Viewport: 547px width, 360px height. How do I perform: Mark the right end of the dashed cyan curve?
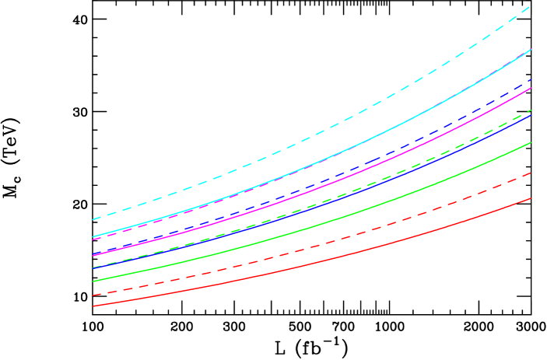[x=531, y=6]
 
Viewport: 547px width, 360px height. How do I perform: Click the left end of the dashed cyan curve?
[x=93, y=220]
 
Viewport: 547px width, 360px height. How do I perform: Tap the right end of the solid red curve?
[x=531, y=198]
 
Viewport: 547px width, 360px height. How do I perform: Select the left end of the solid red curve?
[x=93, y=306]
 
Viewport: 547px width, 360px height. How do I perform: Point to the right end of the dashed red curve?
[x=531, y=173]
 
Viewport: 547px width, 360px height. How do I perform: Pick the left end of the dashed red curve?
[x=93, y=295]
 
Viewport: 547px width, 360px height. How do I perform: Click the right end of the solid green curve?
[x=531, y=142]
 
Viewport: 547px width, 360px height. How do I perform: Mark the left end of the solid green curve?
[x=93, y=281]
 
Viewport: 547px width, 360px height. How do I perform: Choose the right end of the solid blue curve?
[x=531, y=115]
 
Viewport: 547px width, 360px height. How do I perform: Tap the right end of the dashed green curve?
[x=531, y=110]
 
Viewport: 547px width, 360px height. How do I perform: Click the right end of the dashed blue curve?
[x=531, y=79]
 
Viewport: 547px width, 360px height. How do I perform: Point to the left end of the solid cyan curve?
[x=93, y=237]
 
